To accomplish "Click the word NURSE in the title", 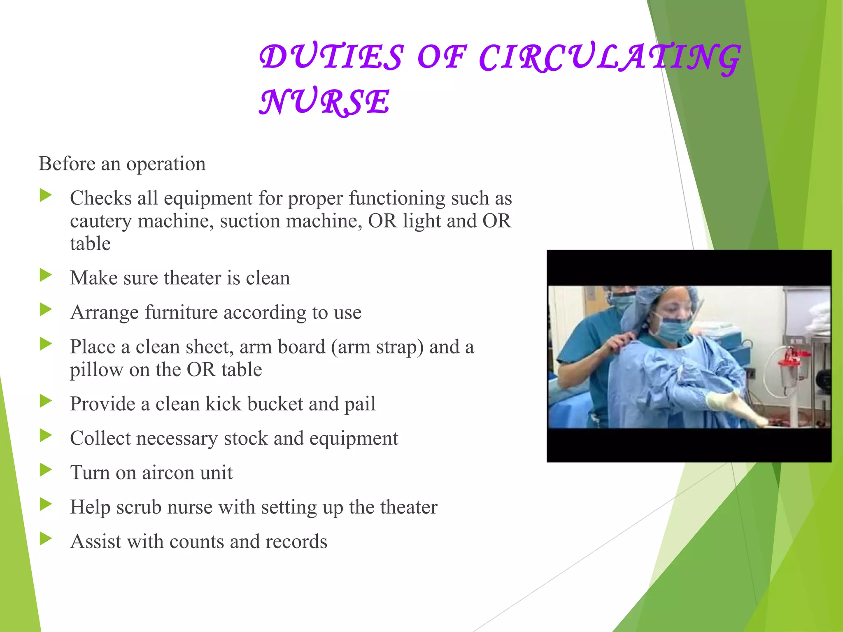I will [324, 101].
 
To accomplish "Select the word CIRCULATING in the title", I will [609, 58].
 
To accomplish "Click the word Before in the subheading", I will [67, 164].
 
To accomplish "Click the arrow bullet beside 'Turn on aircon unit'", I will [46, 469].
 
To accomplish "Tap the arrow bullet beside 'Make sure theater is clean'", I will [46, 275].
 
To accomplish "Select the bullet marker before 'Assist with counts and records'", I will [46, 538].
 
